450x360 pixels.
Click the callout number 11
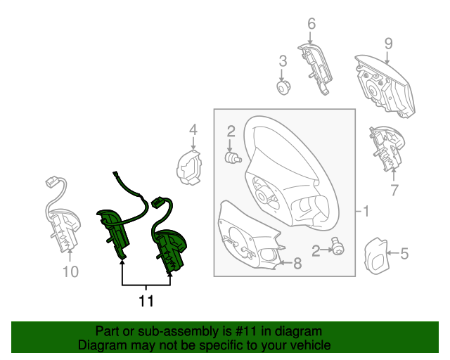pos(146,301)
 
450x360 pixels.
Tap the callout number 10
pos(70,271)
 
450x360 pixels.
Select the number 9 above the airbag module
pos(388,44)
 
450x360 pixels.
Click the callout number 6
pos(311,24)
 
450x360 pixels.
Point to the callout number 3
pos(283,61)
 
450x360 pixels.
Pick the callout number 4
pos(193,130)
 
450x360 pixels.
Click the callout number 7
pos(394,190)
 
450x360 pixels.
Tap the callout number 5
pos(404,254)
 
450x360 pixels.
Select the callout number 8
pos(297,263)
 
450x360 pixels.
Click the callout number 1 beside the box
pos(366,212)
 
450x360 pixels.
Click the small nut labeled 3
pos(283,87)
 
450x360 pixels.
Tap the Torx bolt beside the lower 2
pos(337,246)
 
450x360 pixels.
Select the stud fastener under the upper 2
pos(233,158)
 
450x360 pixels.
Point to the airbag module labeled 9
pos(385,86)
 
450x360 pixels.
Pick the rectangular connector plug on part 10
pos(52,182)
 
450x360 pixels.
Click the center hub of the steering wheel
pos(262,196)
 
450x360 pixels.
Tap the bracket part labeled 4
pos(189,167)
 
